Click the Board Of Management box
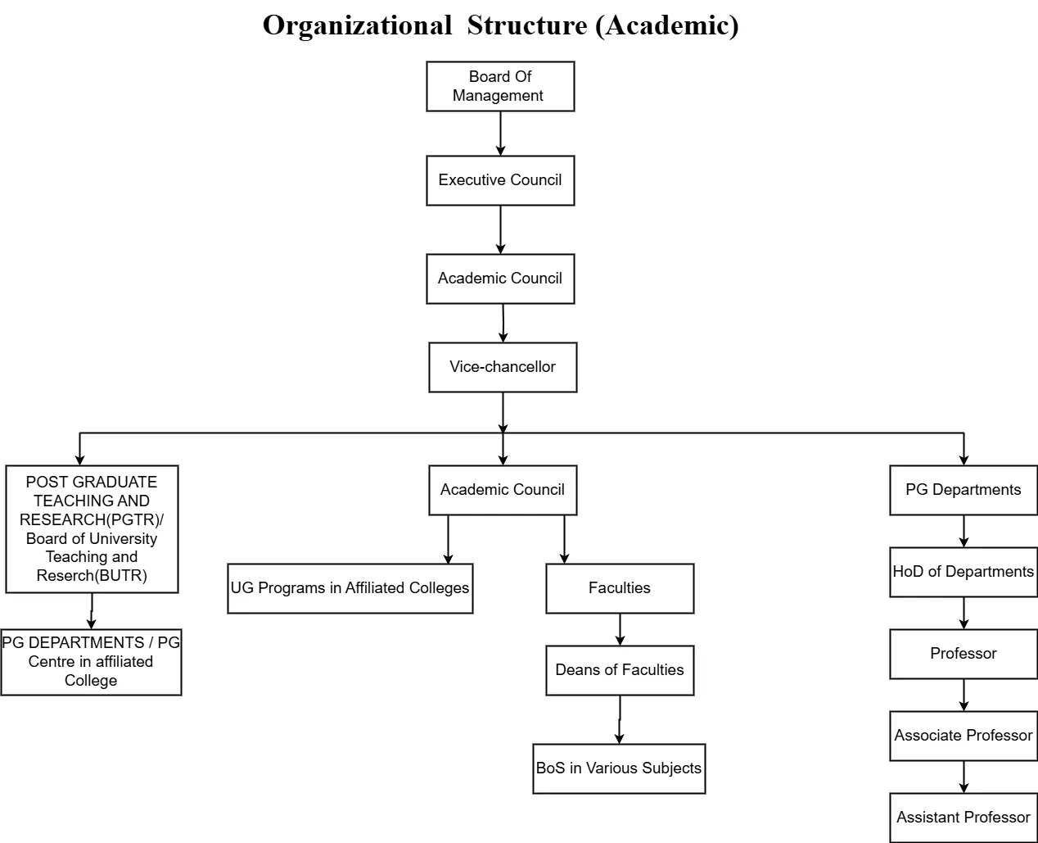click(x=500, y=86)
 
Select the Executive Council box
click(x=500, y=180)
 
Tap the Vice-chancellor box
click(x=503, y=367)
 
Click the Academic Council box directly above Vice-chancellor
click(x=500, y=279)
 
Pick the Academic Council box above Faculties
click(x=503, y=490)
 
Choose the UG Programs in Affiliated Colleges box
click(x=350, y=588)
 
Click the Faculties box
click(x=620, y=588)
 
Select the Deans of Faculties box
click(x=620, y=670)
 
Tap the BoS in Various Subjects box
click(x=619, y=768)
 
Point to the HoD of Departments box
click(x=964, y=572)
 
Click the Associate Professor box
click(x=964, y=736)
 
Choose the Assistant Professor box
click(x=964, y=818)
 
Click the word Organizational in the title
click(x=357, y=26)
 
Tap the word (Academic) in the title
click(x=666, y=26)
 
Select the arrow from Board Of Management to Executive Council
click(x=500, y=134)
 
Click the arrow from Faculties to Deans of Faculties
click(x=620, y=629)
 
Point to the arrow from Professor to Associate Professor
click(x=964, y=695)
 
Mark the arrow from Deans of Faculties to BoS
click(x=620, y=719)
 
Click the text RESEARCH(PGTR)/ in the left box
click(x=92, y=519)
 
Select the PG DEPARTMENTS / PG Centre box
click(x=91, y=662)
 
